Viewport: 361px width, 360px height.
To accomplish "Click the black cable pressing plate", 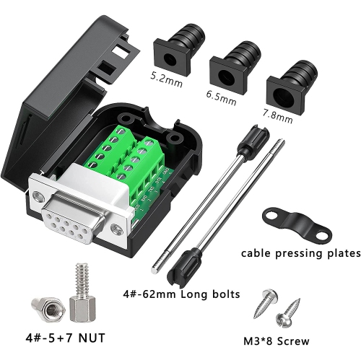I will coord(295,220).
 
